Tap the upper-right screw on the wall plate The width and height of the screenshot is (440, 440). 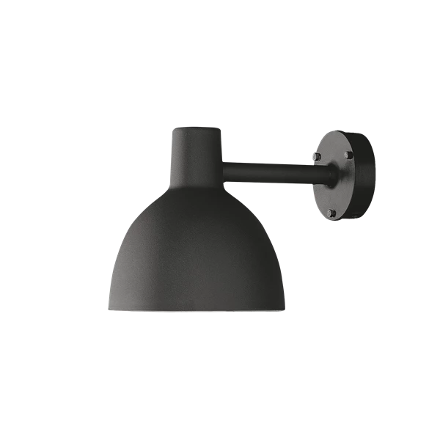348,156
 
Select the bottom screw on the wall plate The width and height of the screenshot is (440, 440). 332,212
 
